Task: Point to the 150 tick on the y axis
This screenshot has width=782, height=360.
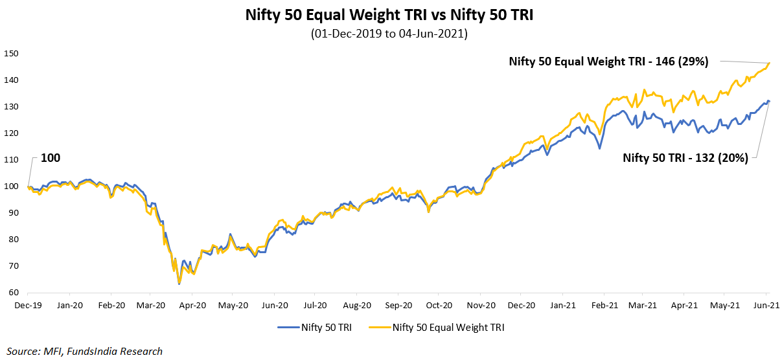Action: [x=11, y=53]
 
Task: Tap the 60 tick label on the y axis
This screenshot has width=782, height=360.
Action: [x=13, y=293]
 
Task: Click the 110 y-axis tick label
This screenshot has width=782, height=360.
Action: [x=11, y=159]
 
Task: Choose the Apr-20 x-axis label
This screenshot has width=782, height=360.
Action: [x=192, y=305]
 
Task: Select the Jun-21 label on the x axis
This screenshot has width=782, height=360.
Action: [x=768, y=305]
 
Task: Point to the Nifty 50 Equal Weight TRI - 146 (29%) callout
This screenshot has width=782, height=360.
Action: [x=608, y=62]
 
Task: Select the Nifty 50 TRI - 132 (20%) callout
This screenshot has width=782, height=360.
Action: [x=685, y=157]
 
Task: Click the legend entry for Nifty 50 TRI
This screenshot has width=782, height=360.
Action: [x=317, y=328]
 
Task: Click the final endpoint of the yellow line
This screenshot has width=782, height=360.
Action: [x=768, y=63]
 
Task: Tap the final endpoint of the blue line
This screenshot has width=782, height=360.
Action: [x=768, y=101]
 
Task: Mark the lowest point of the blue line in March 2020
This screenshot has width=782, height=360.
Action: [x=179, y=284]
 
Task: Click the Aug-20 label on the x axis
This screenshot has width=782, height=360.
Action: [x=357, y=305]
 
